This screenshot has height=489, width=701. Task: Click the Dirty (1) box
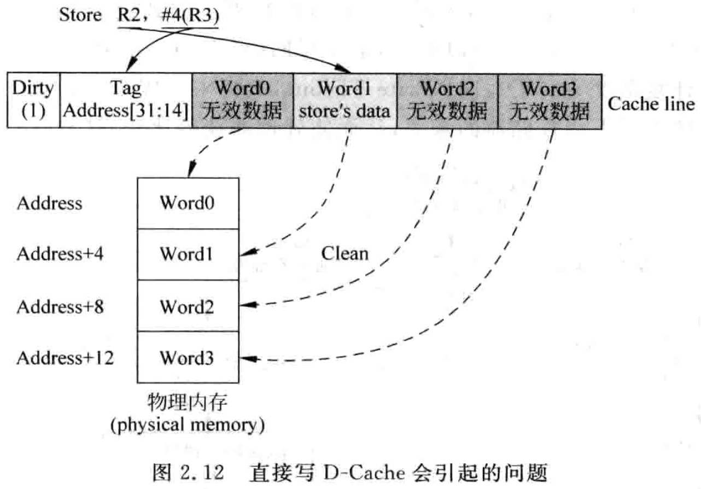point(33,101)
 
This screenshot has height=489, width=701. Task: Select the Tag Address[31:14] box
point(126,101)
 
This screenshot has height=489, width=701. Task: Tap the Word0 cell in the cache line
point(243,101)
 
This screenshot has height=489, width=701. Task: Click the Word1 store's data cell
point(345,101)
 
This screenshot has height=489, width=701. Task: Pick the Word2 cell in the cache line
point(447,101)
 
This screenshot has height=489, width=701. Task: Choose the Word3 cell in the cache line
point(550,101)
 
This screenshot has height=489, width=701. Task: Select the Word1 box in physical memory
point(188,254)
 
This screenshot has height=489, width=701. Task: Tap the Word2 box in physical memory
point(188,306)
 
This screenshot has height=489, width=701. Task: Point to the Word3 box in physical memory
point(188,358)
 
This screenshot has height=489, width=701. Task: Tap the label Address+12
point(65,358)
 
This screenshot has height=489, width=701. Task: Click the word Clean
point(344,253)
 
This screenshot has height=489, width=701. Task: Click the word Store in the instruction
point(80,15)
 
